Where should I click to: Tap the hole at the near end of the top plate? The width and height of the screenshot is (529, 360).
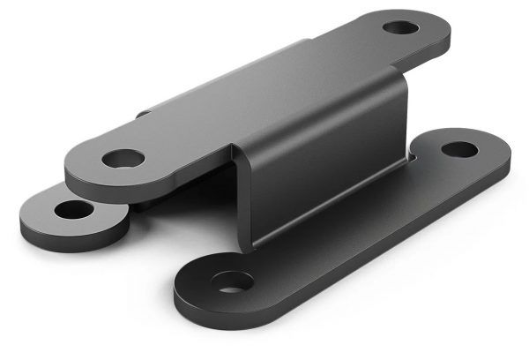tap(123, 160)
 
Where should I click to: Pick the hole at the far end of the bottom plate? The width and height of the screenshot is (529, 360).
tap(459, 149)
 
